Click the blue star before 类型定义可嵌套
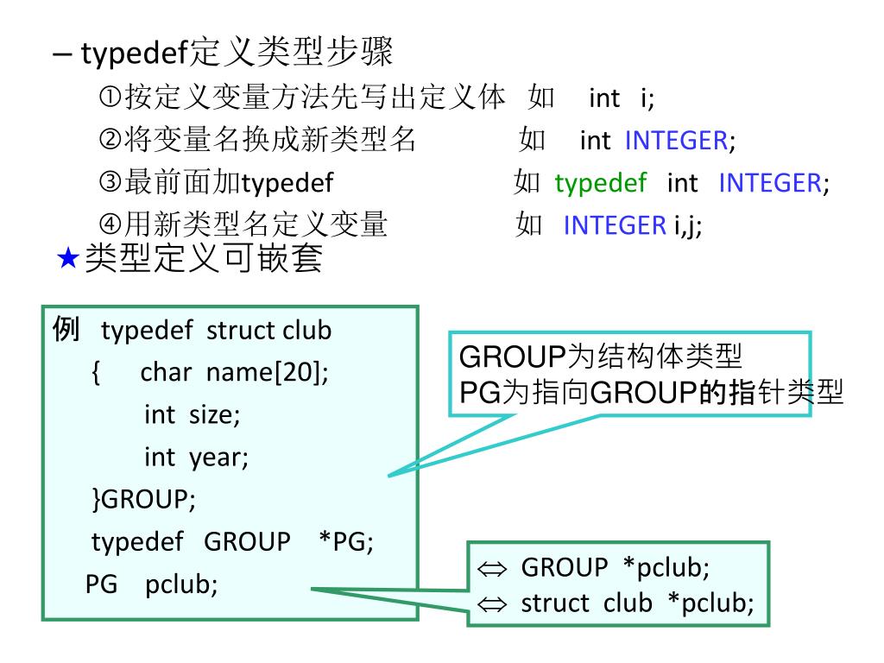point(68,259)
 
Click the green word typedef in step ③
point(600,183)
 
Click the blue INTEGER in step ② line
point(676,141)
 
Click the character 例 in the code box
point(66,330)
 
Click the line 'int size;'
point(192,415)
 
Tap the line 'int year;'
point(196,458)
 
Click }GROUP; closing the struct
point(143,500)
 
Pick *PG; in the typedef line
point(345,542)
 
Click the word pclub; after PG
point(181,584)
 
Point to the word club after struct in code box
point(306,331)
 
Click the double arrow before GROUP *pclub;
point(490,569)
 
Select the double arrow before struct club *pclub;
point(490,604)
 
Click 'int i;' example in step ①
point(622,98)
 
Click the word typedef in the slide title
point(134,54)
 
